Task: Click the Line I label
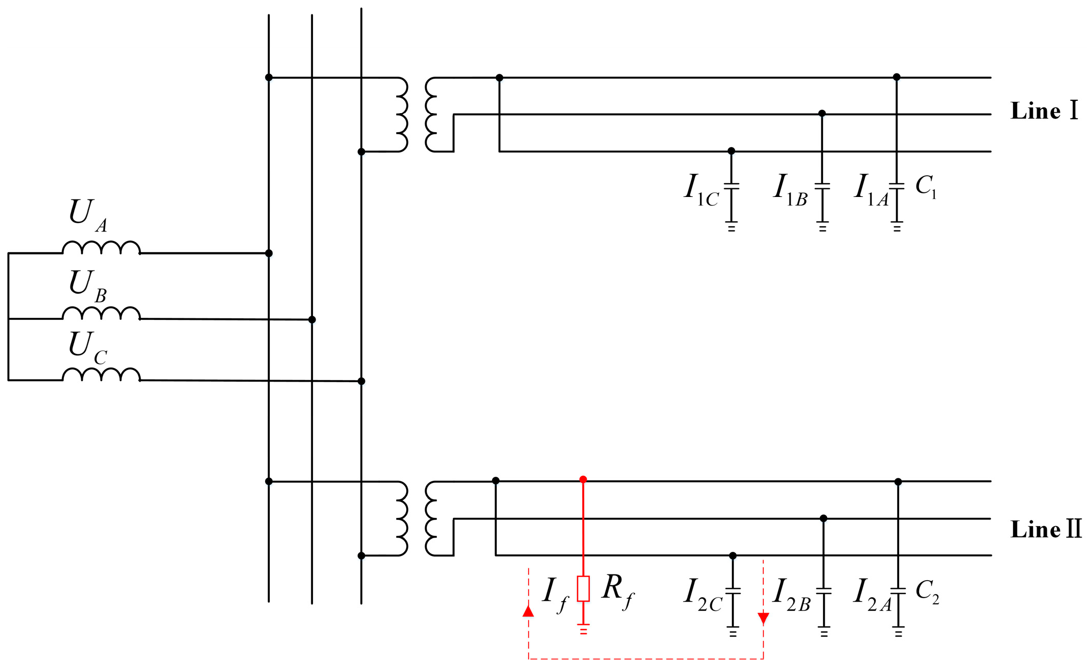coord(1044,111)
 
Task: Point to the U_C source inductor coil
coord(101,374)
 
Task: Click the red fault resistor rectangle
coord(583,589)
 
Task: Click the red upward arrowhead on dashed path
coord(528,611)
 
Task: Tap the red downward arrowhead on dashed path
coord(763,618)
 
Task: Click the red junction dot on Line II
coord(583,479)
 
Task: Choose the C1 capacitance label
coord(926,186)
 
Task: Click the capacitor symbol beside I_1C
coord(731,186)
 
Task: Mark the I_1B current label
coord(790,189)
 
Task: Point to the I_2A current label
coord(871,594)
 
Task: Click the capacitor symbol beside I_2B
coord(823,591)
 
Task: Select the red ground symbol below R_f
coord(583,629)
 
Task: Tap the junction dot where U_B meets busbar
coord(312,320)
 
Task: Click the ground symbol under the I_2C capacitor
coord(733,632)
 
